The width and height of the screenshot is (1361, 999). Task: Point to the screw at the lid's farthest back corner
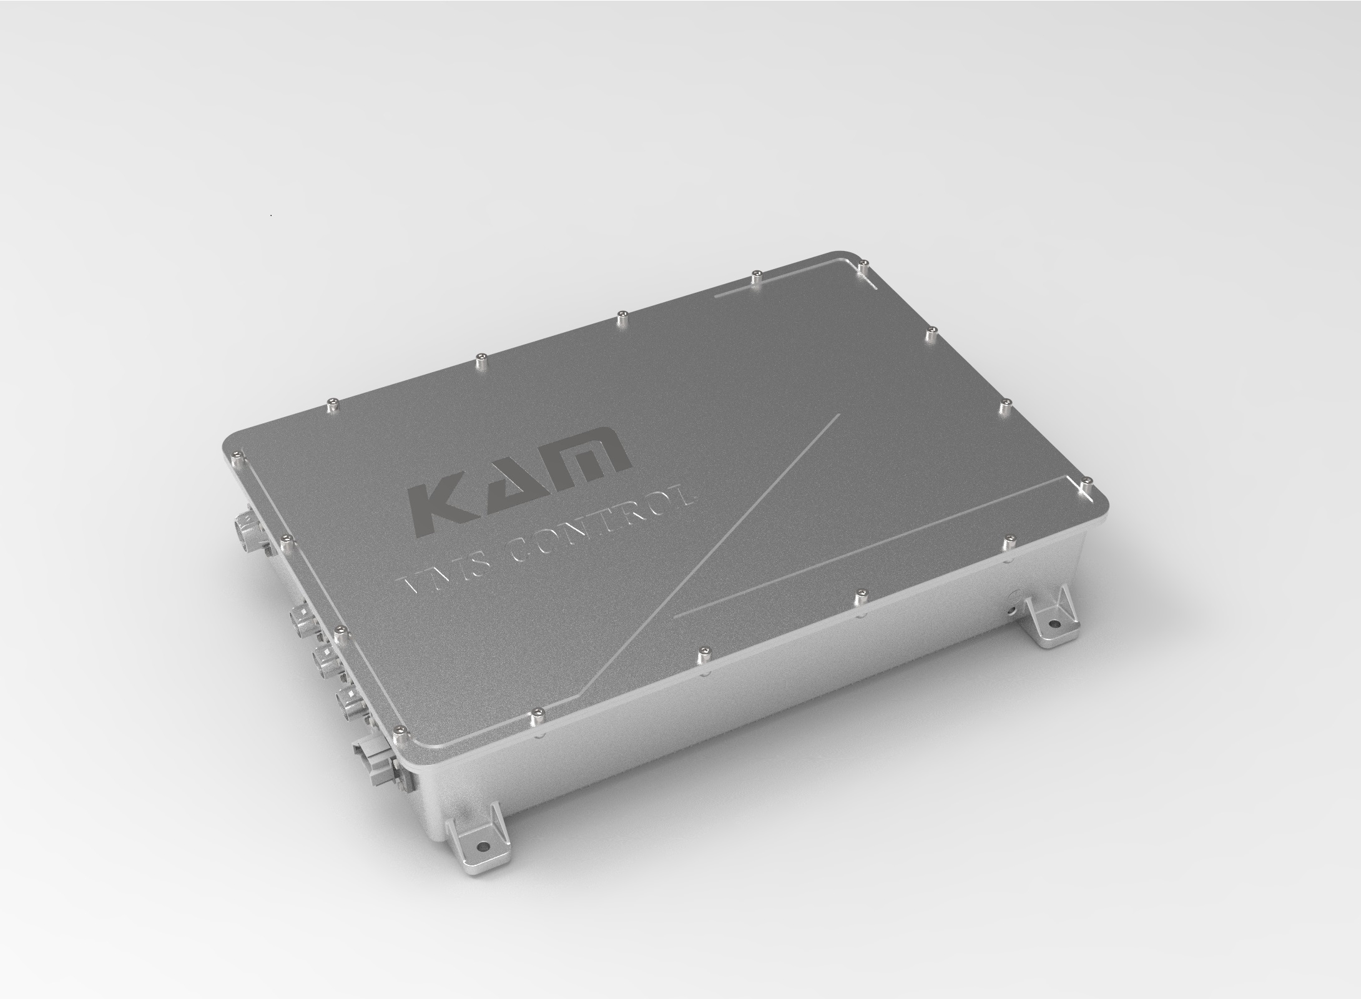[862, 265]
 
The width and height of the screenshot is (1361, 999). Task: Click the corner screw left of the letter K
[235, 454]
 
